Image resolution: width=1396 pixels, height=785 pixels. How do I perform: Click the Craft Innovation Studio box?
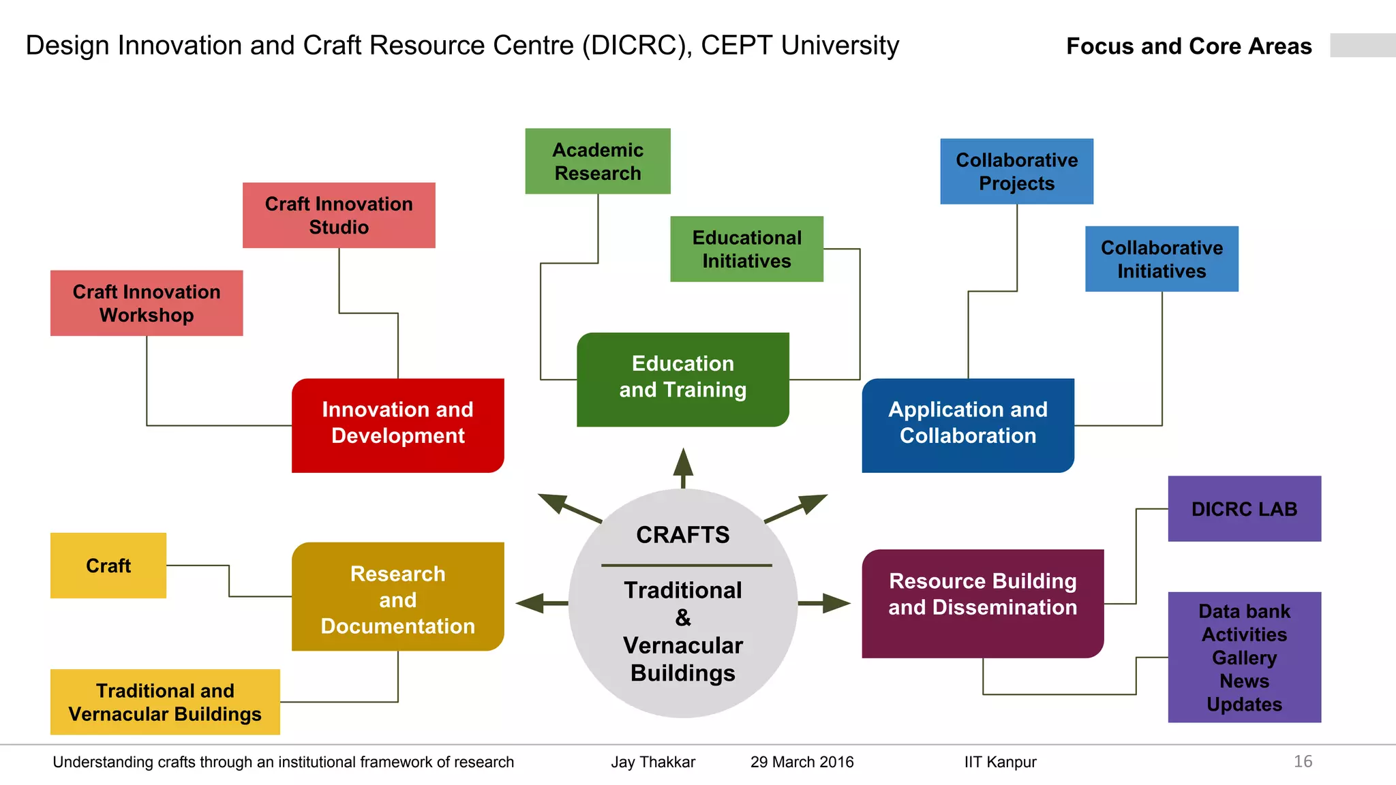click(339, 215)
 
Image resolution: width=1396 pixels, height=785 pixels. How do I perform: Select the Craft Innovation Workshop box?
click(147, 303)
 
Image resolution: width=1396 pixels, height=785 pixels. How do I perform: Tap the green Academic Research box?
click(598, 161)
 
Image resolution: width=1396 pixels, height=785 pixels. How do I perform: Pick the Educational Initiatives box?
click(746, 249)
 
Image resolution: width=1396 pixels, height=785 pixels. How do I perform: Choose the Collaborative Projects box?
click(1016, 172)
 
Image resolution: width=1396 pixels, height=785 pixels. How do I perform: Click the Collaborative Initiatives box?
click(1162, 259)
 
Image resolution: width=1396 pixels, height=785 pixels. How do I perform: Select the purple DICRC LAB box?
click(1244, 509)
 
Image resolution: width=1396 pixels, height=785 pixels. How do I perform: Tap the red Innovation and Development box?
click(398, 425)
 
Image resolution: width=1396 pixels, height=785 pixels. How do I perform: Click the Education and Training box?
click(682, 380)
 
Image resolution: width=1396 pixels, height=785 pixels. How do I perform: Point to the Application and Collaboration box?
click(967, 425)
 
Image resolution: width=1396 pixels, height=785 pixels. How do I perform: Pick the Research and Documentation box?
click(398, 597)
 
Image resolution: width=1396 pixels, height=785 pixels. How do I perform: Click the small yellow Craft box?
click(108, 566)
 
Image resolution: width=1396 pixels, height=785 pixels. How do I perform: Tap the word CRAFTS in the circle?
click(682, 535)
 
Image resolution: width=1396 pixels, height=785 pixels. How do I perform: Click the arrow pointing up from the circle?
click(683, 467)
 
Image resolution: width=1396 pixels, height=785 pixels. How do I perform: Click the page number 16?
click(1303, 761)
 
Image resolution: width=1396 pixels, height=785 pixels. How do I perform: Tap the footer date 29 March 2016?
click(802, 762)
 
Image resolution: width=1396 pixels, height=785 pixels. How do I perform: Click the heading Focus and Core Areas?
click(1189, 46)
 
